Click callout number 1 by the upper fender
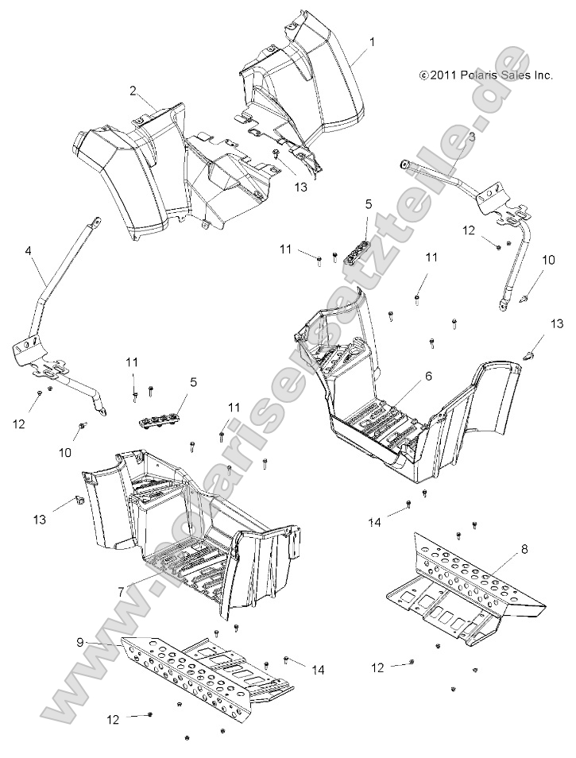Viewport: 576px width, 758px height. (x=372, y=40)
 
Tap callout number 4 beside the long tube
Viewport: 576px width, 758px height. (x=29, y=251)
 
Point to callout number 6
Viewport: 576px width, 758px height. (x=428, y=377)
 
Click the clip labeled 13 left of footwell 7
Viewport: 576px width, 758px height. (x=80, y=501)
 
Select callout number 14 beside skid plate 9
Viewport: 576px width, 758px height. (x=318, y=670)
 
